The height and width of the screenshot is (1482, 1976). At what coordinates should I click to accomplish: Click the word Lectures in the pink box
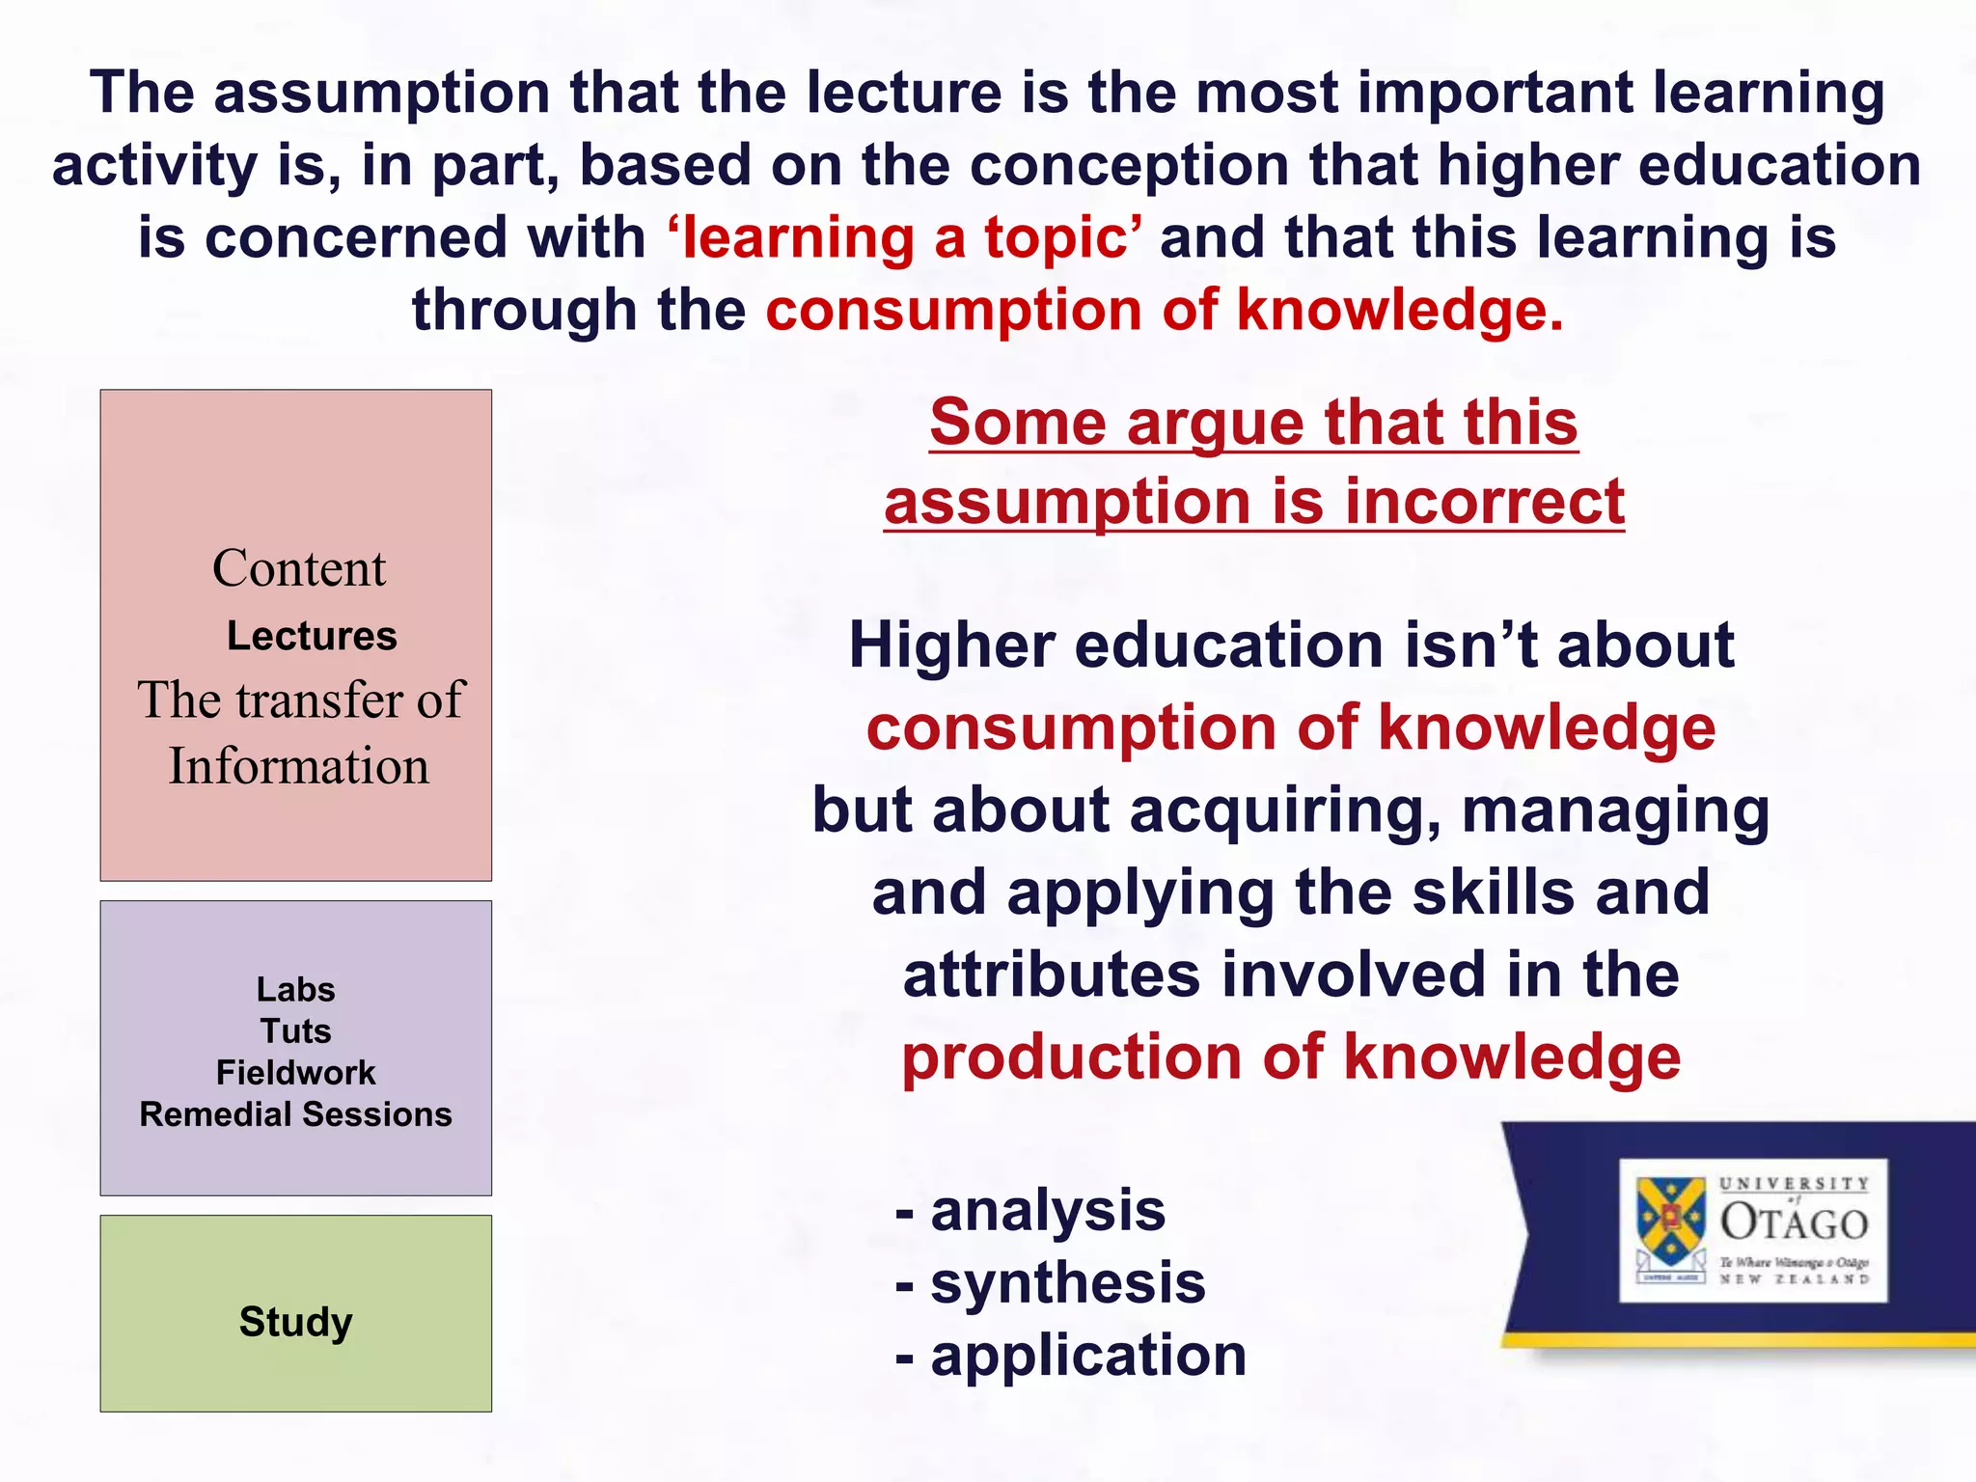pyautogui.click(x=312, y=637)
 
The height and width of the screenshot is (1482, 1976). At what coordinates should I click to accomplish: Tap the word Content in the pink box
pyautogui.click(x=299, y=568)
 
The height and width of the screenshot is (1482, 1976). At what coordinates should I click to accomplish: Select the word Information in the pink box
pyautogui.click(x=299, y=766)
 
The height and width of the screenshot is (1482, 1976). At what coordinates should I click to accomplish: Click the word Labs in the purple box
pyautogui.click(x=295, y=989)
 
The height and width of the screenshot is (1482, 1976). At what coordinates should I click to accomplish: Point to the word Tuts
pyautogui.click(x=295, y=1030)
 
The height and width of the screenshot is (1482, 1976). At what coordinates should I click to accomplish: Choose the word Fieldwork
pyautogui.click(x=295, y=1072)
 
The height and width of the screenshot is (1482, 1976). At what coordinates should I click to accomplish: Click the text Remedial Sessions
pyautogui.click(x=295, y=1114)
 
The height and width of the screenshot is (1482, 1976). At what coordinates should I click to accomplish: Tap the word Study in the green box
pyautogui.click(x=295, y=1321)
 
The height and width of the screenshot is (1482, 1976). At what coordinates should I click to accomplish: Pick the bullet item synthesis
pyautogui.click(x=1067, y=1282)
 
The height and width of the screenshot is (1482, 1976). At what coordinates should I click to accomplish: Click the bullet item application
pyautogui.click(x=1087, y=1356)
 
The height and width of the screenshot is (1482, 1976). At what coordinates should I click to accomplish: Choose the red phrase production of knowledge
pyautogui.click(x=1291, y=1057)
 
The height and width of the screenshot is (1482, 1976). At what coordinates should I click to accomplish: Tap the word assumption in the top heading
pyautogui.click(x=381, y=94)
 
